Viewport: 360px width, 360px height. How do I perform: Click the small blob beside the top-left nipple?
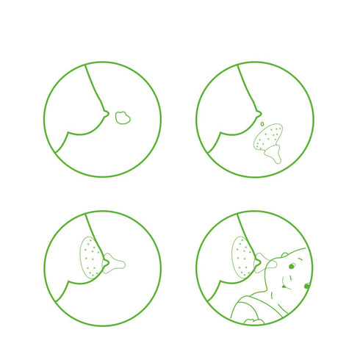123,116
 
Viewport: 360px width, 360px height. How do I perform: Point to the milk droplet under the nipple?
258,123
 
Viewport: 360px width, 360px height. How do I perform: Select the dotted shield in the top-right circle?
266,137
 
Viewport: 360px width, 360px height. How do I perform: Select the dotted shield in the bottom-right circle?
242,257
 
